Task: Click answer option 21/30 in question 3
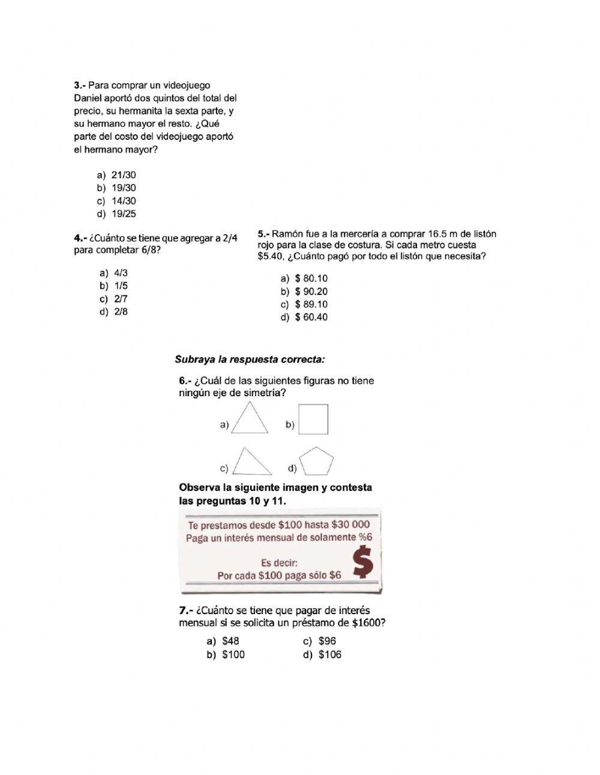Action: click(x=124, y=175)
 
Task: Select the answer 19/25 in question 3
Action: click(x=124, y=214)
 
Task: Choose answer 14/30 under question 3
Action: click(x=124, y=201)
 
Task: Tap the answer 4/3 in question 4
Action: click(x=121, y=273)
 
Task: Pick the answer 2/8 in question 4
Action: click(x=121, y=312)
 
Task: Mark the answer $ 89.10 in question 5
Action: click(x=311, y=304)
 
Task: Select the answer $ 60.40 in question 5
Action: click(x=311, y=317)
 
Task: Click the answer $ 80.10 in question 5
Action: click(x=311, y=279)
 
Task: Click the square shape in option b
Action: click(x=313, y=419)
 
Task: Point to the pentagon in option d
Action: click(x=316, y=462)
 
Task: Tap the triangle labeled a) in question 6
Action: click(x=250, y=419)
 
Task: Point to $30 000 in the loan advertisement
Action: click(x=350, y=524)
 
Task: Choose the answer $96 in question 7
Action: click(x=327, y=641)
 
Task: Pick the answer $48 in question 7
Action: click(x=230, y=641)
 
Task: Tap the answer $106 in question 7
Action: click(x=329, y=654)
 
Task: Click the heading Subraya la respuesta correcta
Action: click(x=250, y=360)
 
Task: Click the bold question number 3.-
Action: click(x=80, y=85)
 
